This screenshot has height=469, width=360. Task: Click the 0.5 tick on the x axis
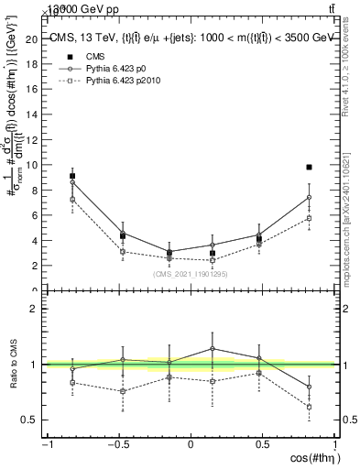(262, 446)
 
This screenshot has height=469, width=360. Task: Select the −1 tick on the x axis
(46, 446)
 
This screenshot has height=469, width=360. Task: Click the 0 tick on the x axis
(191, 446)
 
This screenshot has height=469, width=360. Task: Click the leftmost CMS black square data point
(72, 176)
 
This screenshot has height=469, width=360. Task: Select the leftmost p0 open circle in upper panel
(72, 182)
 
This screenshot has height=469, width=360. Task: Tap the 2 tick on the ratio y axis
(37, 309)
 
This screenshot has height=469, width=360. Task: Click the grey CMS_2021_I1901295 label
(191, 273)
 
